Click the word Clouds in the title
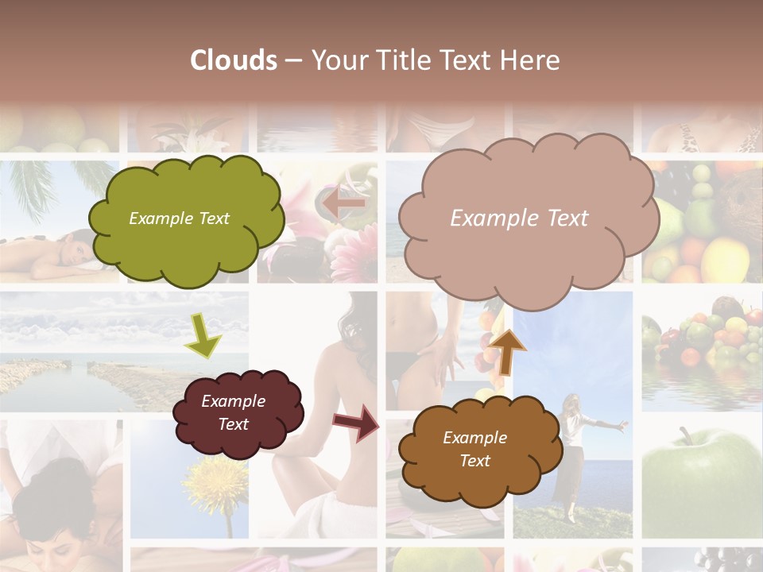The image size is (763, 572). (234, 60)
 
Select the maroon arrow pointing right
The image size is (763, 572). (357, 422)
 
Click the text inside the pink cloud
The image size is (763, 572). (519, 218)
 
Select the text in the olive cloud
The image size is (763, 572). (179, 218)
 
